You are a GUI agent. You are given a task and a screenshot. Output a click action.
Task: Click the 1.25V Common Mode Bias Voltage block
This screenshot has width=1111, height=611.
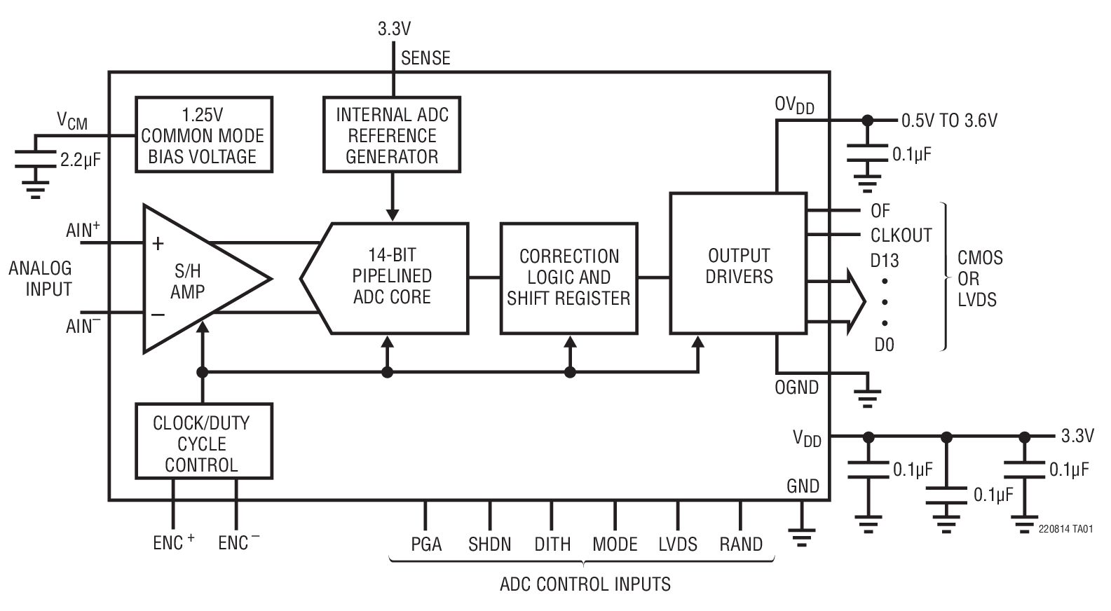[203, 135]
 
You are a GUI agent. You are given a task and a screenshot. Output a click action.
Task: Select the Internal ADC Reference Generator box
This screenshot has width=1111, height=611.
[392, 135]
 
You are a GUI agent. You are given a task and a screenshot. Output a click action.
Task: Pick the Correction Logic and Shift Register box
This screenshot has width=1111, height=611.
[568, 277]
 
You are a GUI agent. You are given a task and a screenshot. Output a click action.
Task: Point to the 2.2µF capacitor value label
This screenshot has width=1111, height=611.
[80, 160]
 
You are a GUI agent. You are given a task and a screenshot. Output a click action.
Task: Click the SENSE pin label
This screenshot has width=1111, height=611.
[425, 58]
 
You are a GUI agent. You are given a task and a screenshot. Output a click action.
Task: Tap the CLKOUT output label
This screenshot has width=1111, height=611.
[901, 235]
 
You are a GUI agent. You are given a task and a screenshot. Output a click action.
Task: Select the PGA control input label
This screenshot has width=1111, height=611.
[426, 544]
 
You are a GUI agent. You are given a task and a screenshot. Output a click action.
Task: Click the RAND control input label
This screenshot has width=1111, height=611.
[741, 544]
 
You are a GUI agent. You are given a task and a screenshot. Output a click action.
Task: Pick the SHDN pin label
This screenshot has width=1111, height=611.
[489, 544]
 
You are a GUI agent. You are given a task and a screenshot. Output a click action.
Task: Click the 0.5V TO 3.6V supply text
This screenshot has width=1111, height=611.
[948, 121]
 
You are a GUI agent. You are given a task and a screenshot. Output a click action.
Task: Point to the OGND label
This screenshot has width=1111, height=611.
[796, 387]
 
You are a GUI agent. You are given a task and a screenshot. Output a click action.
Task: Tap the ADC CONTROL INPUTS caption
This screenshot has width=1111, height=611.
[585, 584]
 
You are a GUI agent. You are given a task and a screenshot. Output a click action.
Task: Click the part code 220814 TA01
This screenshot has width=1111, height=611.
[1065, 530]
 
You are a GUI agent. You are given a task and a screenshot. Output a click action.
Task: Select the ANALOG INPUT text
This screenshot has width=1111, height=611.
[40, 278]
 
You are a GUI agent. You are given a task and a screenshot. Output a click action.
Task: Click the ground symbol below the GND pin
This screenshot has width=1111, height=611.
[803, 536]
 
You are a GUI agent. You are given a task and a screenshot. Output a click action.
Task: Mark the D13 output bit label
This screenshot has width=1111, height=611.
[884, 261]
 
